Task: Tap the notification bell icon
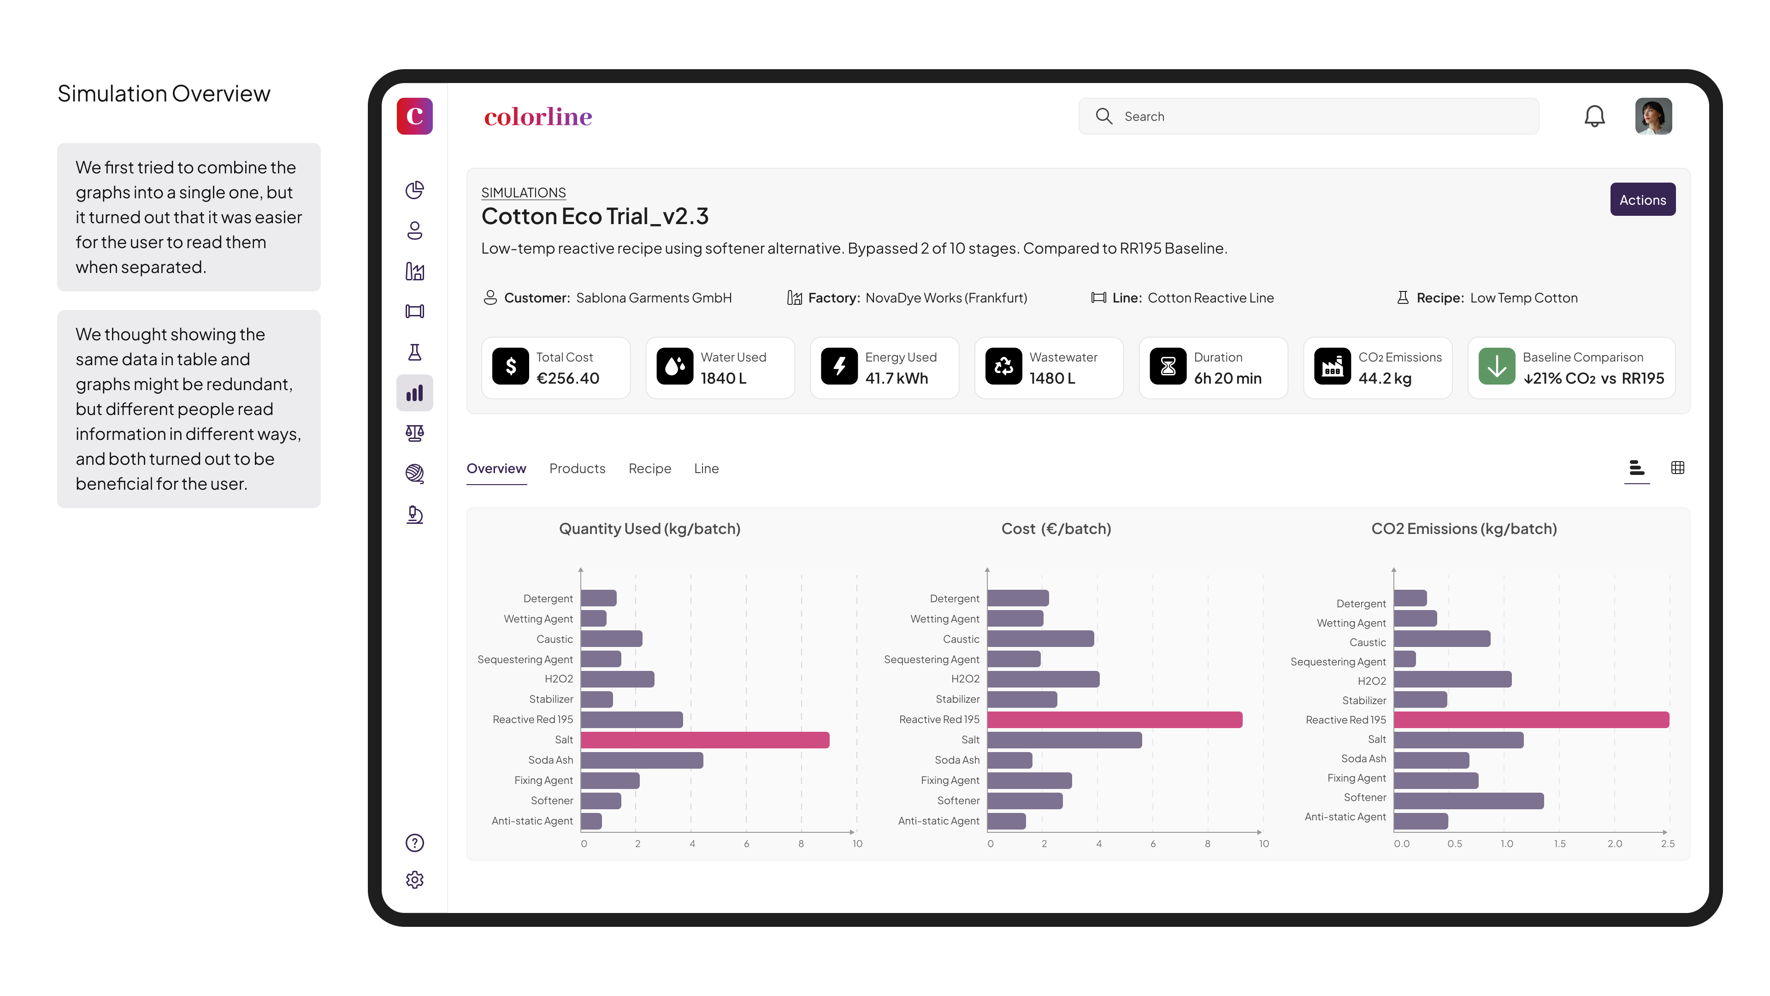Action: pyautogui.click(x=1593, y=116)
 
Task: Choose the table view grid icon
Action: pyautogui.click(x=1677, y=468)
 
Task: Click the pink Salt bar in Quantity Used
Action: pyautogui.click(x=704, y=740)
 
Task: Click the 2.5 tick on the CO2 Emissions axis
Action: pyautogui.click(x=1668, y=843)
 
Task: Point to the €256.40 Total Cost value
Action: pyautogui.click(x=567, y=378)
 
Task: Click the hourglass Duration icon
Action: pyautogui.click(x=1168, y=367)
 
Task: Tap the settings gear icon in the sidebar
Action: pyautogui.click(x=414, y=880)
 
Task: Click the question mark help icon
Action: pyautogui.click(x=414, y=843)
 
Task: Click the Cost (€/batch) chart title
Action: pyautogui.click(x=1056, y=528)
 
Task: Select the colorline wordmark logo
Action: pyautogui.click(x=537, y=117)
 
